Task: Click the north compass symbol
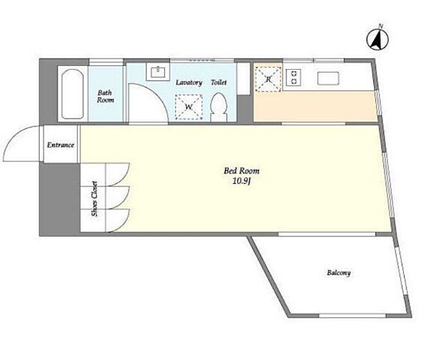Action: (378, 40)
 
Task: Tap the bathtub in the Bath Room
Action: (73, 94)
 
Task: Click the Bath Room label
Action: (106, 96)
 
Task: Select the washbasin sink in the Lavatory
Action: (158, 72)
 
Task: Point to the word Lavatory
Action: (189, 82)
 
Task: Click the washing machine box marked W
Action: (189, 107)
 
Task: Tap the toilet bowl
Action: (219, 107)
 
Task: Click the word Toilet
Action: (219, 82)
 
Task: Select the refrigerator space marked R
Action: (268, 79)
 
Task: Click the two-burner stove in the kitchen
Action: (294, 77)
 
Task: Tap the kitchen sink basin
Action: (328, 78)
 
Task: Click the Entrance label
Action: (61, 145)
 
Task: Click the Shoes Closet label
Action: (94, 199)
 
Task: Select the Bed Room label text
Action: (241, 171)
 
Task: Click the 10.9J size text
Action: (241, 181)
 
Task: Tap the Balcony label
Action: (339, 273)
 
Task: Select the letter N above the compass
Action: (381, 26)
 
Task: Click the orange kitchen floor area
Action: (316, 106)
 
